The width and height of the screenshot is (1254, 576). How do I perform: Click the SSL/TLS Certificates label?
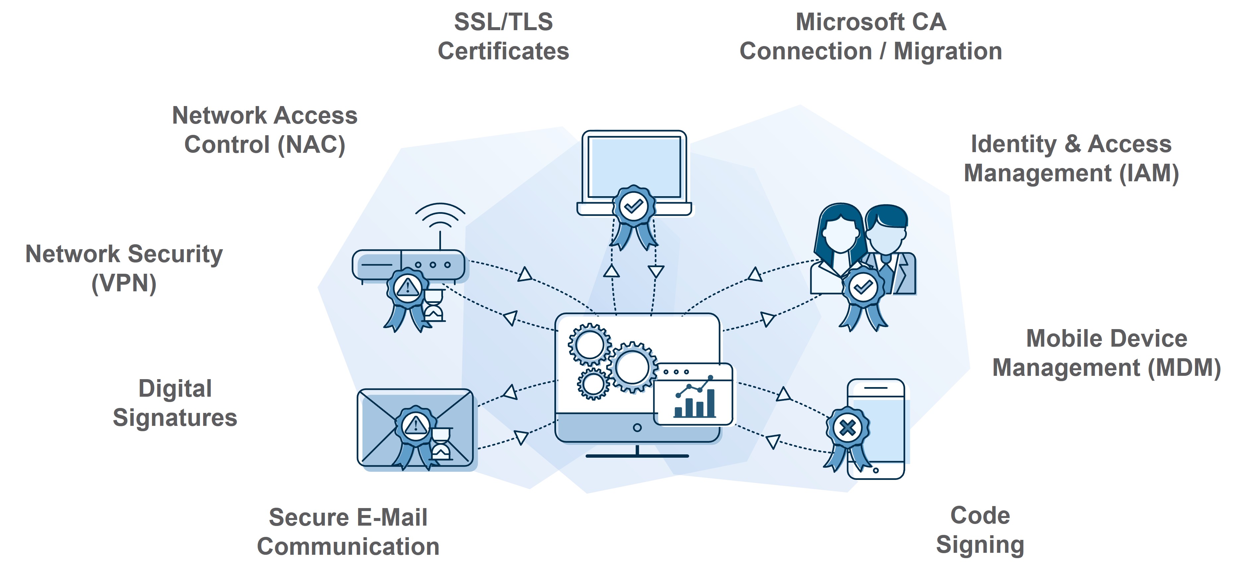(x=503, y=36)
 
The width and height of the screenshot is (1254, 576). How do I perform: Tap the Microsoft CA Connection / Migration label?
(x=870, y=36)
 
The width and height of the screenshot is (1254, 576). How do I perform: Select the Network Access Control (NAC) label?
(x=265, y=130)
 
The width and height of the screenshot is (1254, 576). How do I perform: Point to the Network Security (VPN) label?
(x=124, y=268)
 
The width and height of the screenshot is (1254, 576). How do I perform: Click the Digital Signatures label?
(x=175, y=403)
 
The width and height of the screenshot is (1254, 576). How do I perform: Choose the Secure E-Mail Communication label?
(x=348, y=532)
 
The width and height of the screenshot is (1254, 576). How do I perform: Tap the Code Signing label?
(x=980, y=530)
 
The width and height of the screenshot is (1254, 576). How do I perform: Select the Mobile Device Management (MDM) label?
(x=1106, y=353)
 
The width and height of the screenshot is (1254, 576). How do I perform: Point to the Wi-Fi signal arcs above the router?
(x=440, y=216)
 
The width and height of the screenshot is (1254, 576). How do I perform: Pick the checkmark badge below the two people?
(x=863, y=288)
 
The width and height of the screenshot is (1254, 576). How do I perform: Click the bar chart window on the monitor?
(x=693, y=394)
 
